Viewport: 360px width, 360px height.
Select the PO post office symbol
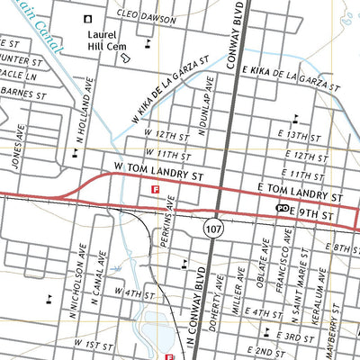click(x=282, y=208)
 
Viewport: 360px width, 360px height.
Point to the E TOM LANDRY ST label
click(x=301, y=194)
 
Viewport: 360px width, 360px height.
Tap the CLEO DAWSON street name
click(x=146, y=17)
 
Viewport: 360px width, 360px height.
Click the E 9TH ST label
click(x=311, y=216)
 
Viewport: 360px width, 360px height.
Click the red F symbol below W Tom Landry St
click(x=157, y=190)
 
